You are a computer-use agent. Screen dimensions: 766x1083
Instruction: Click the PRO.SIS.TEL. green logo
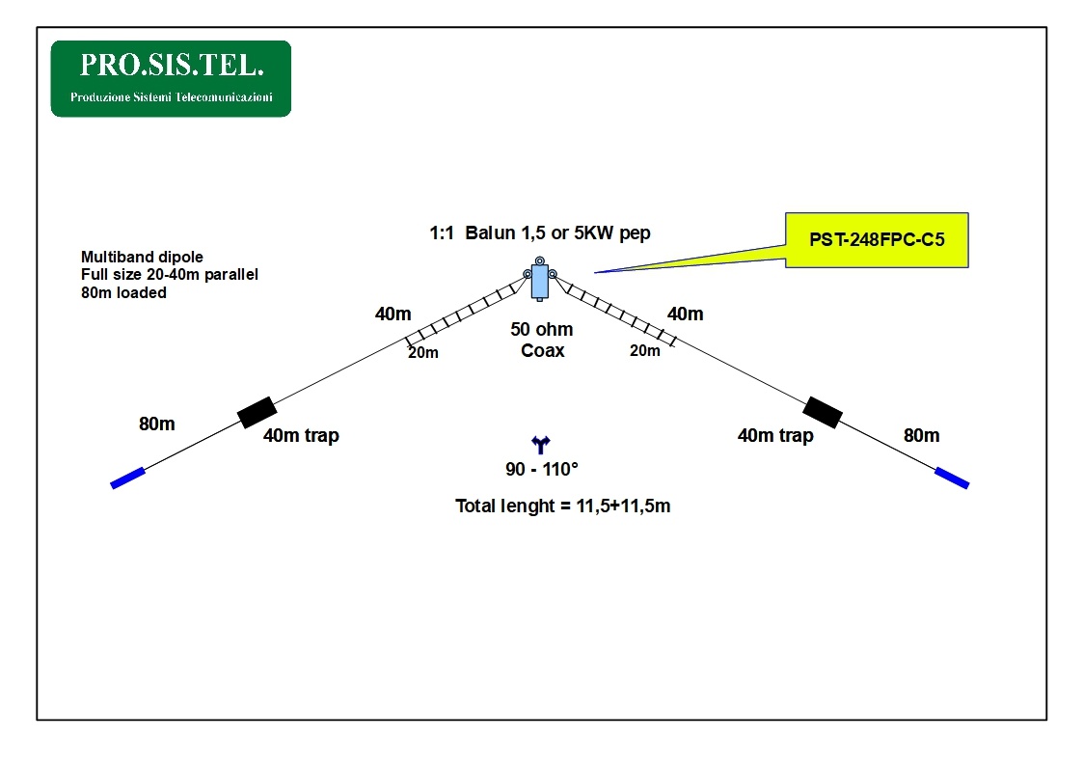[x=171, y=78]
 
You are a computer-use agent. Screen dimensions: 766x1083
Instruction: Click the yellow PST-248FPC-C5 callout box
[x=876, y=240]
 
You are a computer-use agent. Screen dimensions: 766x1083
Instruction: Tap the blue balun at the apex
[x=540, y=280]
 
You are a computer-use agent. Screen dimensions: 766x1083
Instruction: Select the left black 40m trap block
[x=257, y=412]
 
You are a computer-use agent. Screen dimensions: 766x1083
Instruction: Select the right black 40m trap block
[x=823, y=411]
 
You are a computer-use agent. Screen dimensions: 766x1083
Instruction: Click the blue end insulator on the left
[x=128, y=478]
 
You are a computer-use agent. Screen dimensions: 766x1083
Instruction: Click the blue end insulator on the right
[x=951, y=477]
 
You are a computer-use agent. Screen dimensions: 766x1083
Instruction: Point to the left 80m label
[x=157, y=424]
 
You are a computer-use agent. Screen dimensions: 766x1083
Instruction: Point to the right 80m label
[x=921, y=435]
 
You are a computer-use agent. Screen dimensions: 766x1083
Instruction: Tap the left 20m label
[x=422, y=353]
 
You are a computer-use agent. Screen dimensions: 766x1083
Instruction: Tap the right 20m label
[x=645, y=351]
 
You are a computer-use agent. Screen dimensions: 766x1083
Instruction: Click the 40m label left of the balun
[x=393, y=313]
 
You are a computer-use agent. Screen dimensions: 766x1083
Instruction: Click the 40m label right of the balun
[x=685, y=314]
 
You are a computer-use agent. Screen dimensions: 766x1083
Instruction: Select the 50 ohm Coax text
[x=542, y=341]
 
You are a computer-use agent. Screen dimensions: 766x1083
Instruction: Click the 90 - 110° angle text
[x=542, y=470]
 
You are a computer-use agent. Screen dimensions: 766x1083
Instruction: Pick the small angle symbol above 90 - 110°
[x=540, y=444]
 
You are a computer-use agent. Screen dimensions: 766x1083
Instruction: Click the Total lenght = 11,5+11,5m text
[x=562, y=506]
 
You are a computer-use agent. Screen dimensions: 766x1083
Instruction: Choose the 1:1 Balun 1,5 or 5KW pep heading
[x=540, y=233]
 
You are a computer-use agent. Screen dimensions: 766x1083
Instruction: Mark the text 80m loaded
[x=123, y=292]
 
